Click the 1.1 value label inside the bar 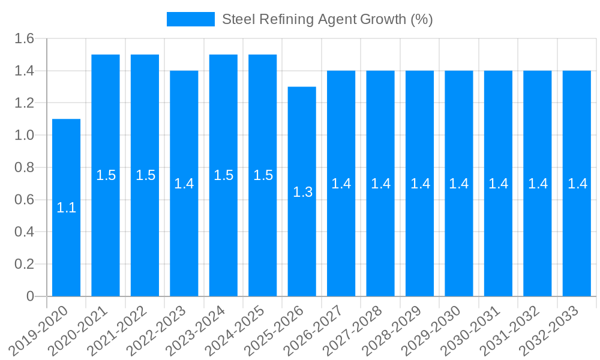tap(66, 208)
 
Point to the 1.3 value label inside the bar tap(302, 192)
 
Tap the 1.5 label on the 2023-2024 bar tap(224, 175)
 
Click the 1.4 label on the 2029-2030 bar tap(459, 184)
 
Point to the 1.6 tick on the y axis tap(25, 39)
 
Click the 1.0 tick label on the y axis tap(25, 136)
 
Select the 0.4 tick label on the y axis tap(25, 232)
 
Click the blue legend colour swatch tap(190, 19)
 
